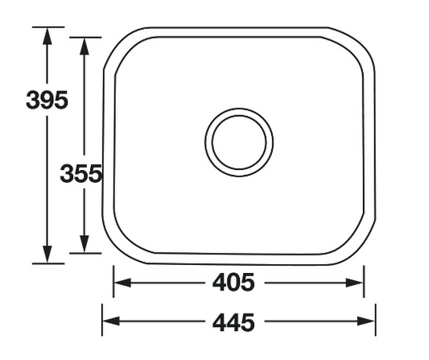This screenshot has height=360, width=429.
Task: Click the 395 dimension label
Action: point(47,101)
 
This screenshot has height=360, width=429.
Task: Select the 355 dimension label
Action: point(80,173)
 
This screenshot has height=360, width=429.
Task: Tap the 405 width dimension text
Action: point(234,283)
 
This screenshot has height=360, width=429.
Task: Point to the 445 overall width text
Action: point(234,322)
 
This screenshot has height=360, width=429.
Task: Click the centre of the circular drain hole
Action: point(238,142)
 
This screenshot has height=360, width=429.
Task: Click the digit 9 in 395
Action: point(47,101)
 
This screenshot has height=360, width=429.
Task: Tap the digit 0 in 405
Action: point(234,283)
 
